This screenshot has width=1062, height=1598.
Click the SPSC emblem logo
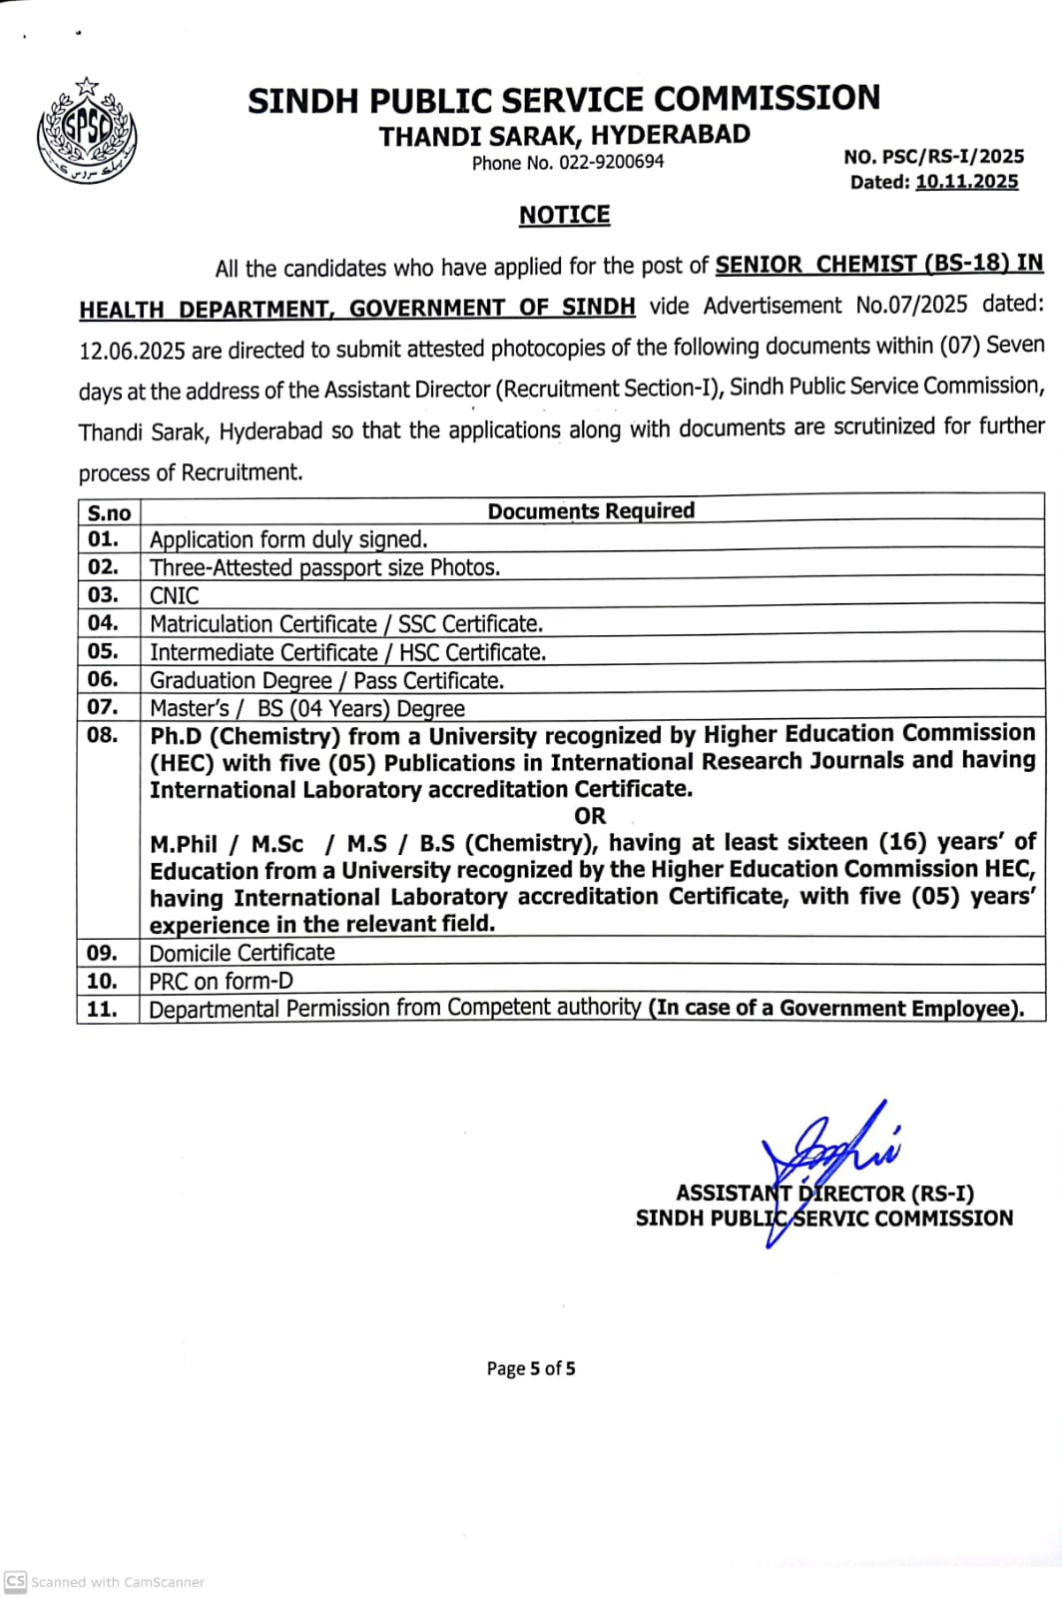87,133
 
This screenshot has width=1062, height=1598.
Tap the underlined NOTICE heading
564,215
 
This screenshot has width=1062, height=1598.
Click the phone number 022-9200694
611,163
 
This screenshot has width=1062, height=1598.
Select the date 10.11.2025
966,182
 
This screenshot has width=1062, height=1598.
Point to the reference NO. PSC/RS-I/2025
933,157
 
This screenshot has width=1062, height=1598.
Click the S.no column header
109,513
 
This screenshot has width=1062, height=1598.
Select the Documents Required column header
591,510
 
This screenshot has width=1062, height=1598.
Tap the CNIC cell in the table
175,595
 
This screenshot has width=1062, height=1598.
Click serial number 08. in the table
103,735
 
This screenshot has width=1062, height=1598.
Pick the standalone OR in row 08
590,816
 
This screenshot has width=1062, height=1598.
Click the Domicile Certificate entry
243,953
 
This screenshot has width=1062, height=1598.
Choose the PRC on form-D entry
222,981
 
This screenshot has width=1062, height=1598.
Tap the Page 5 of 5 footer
531,1368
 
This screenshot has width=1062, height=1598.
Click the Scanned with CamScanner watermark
105,1582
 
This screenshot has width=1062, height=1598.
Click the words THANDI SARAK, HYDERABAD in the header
564,135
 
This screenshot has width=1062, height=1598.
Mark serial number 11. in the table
103,1009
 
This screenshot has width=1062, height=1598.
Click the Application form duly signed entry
288,539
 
